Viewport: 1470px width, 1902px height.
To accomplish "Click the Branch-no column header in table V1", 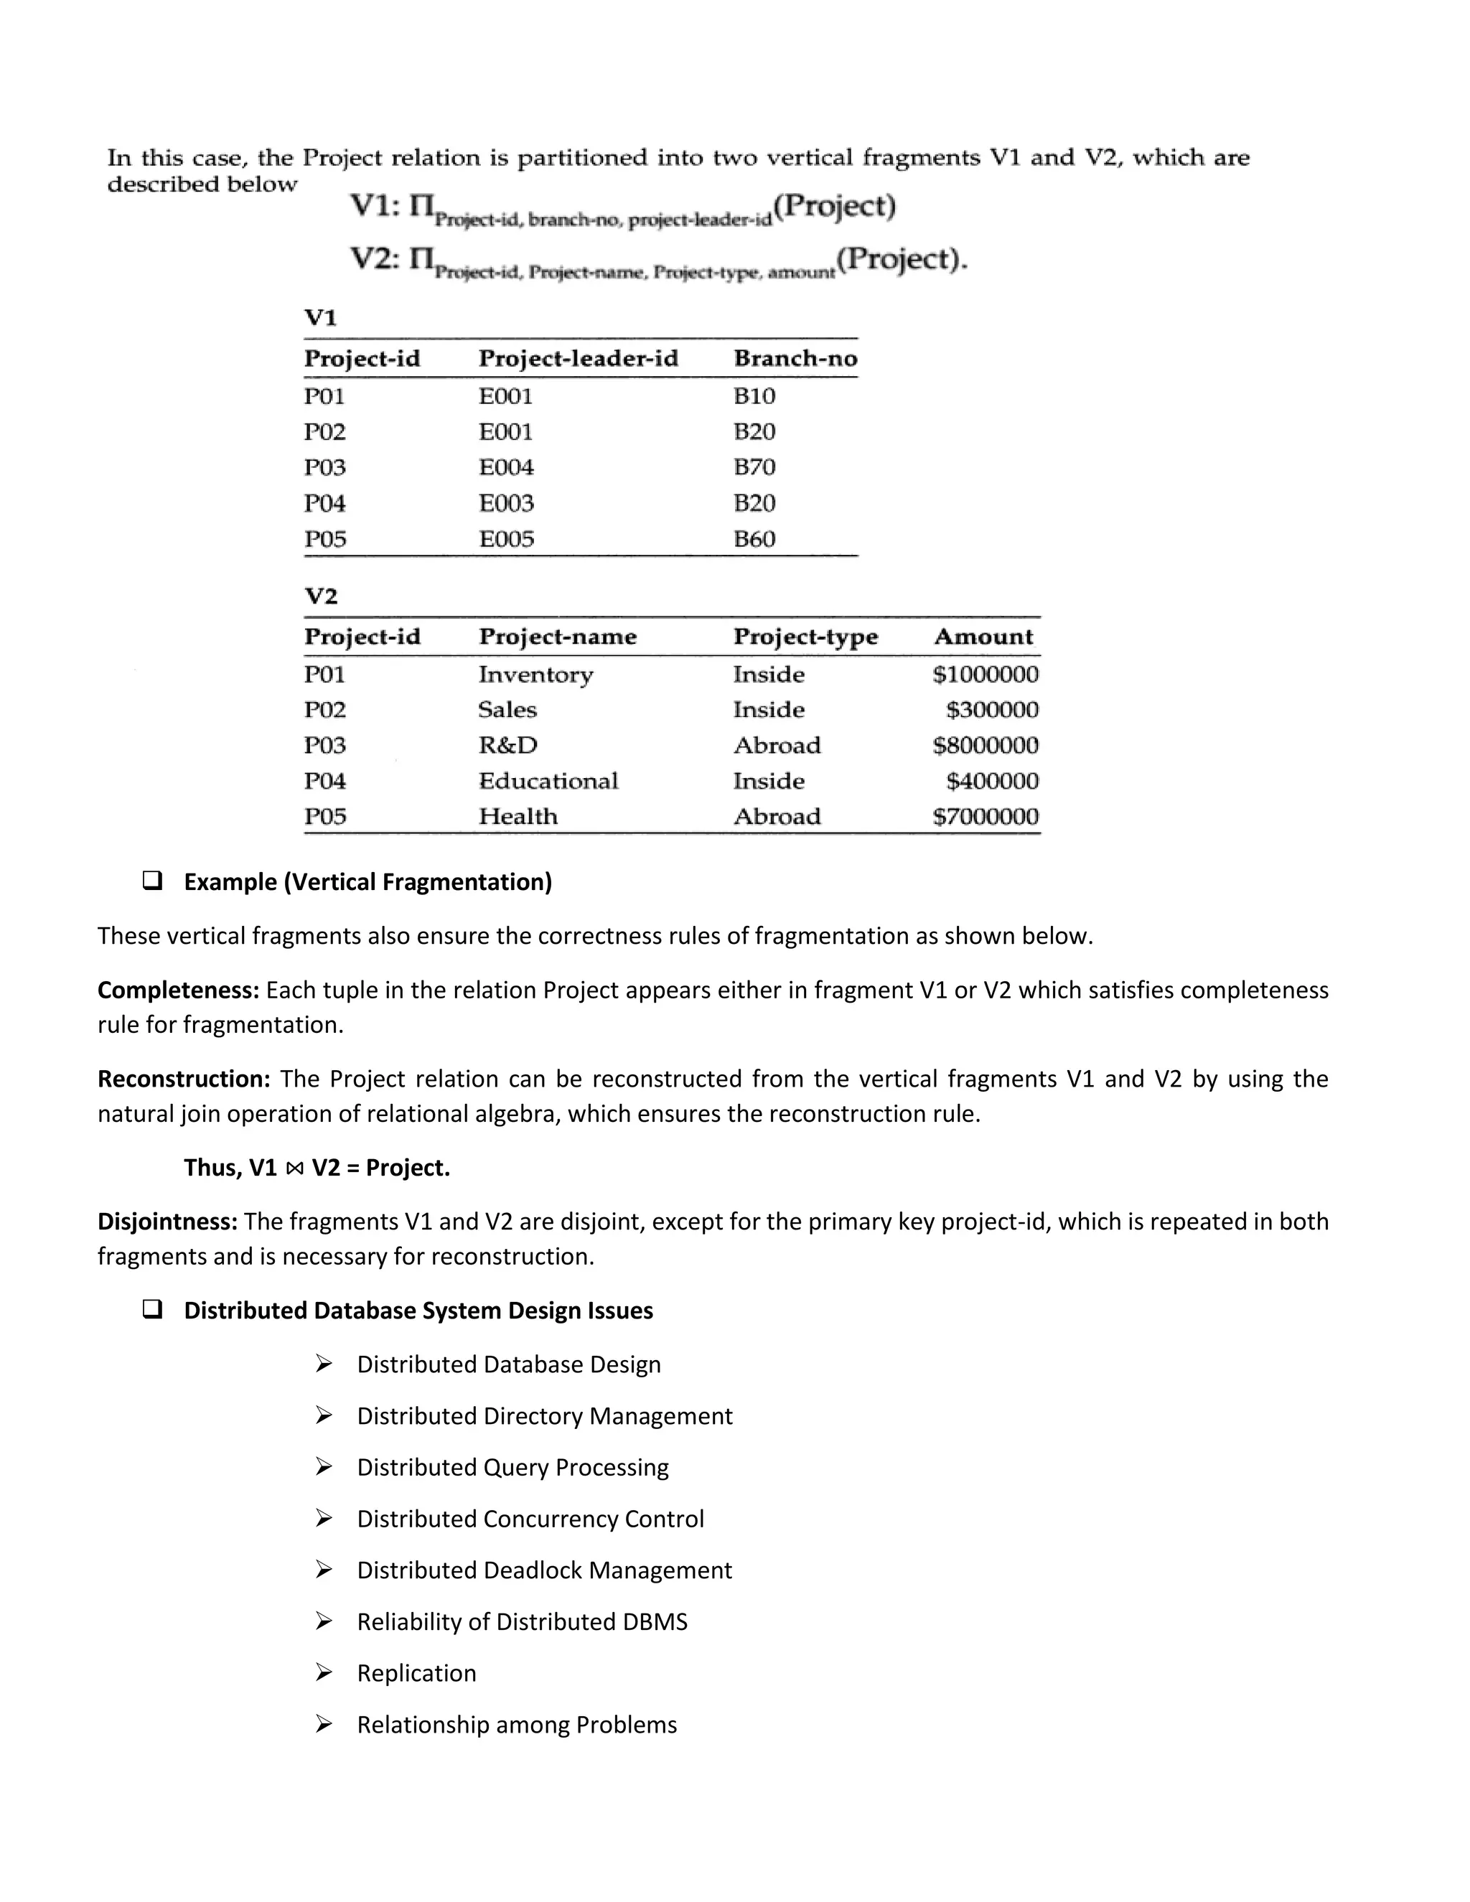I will click(x=795, y=359).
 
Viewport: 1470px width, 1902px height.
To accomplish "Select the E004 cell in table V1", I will click(x=506, y=468).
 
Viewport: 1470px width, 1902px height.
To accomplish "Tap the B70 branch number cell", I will click(x=754, y=468).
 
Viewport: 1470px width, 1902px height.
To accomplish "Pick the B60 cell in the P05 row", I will click(x=754, y=539).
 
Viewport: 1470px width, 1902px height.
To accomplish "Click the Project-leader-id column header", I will click(x=579, y=359).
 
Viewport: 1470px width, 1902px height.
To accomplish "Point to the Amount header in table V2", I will click(x=983, y=637).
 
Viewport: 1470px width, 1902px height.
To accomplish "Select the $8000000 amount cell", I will click(x=985, y=746).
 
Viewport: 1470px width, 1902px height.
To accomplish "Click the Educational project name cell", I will click(x=548, y=781).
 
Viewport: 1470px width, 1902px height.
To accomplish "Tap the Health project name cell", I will click(x=518, y=817).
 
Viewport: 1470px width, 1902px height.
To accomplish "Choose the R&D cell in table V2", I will click(x=507, y=746).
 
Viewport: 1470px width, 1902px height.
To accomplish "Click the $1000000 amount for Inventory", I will click(x=985, y=675).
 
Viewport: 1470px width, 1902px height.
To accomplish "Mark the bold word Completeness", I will click(x=178, y=990).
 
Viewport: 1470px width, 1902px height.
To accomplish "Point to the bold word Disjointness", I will click(x=167, y=1222).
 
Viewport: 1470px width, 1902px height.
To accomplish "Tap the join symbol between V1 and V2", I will click(x=294, y=1168).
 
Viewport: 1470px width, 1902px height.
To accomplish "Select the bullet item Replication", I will click(x=416, y=1673).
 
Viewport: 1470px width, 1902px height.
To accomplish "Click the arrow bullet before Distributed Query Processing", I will click(x=324, y=1468).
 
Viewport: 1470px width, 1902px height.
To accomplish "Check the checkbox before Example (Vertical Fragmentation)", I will click(x=152, y=881).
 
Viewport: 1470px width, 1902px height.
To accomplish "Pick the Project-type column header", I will click(x=805, y=637).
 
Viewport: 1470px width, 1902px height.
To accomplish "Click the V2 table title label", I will click(x=320, y=596).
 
